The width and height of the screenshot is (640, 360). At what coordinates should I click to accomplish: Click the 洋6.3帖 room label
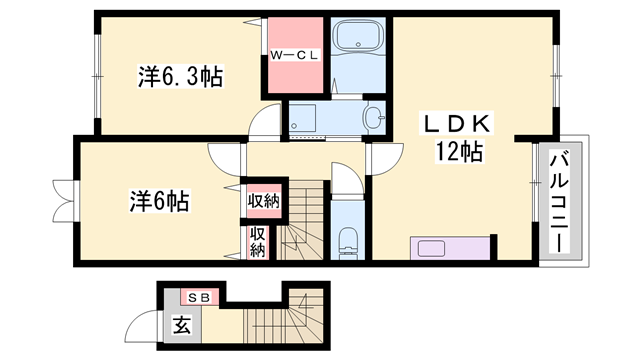pos(180,76)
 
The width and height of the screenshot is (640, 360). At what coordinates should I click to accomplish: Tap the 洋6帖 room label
pos(159,199)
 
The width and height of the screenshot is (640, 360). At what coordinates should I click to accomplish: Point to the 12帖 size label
pos(459,152)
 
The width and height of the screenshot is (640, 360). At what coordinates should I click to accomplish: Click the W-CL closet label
pos(295,56)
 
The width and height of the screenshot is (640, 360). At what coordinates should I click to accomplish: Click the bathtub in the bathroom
pos(357,41)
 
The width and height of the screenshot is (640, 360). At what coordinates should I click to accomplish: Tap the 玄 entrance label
pos(182,325)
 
